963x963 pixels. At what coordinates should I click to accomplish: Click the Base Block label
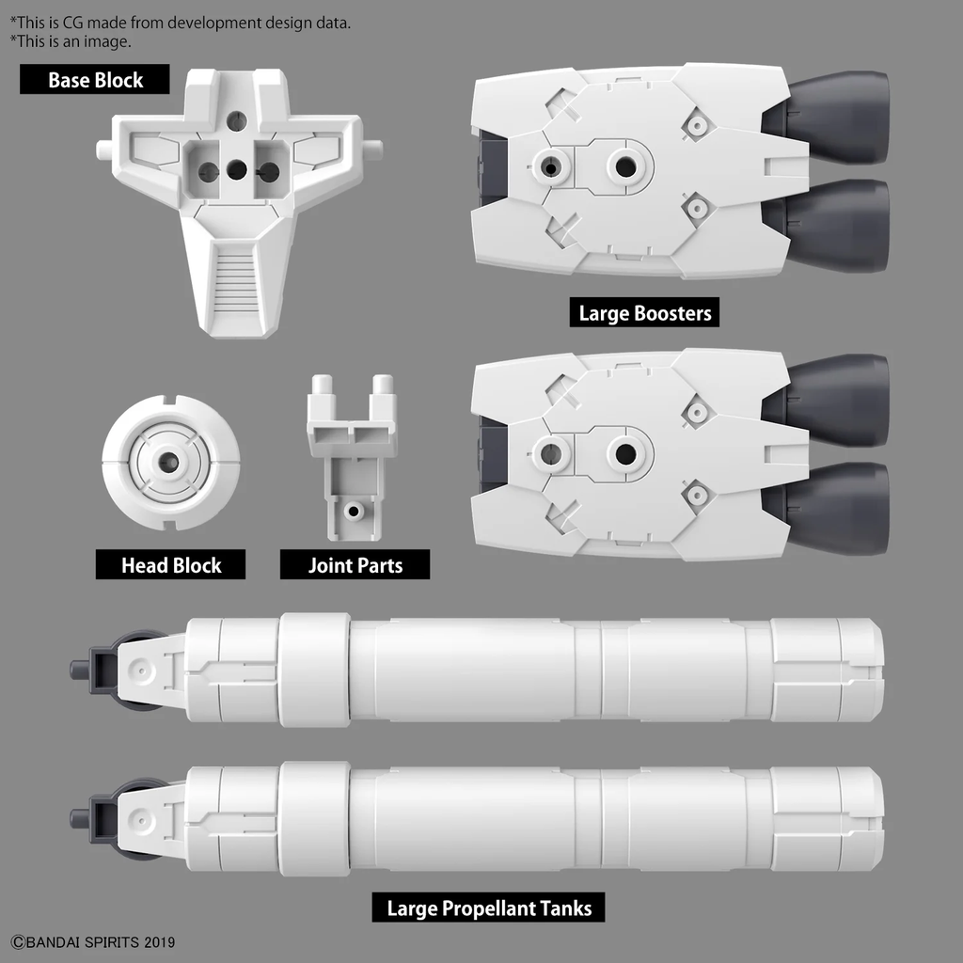95,80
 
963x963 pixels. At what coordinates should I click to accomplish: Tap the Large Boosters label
644,313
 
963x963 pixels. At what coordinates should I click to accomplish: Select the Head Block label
170,565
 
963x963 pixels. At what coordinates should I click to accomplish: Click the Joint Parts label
355,565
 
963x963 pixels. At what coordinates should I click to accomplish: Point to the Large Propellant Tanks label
489,908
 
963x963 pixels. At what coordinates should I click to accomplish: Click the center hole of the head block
170,462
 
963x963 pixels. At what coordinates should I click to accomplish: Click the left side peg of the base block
104,149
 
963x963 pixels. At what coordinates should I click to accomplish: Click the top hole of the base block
237,120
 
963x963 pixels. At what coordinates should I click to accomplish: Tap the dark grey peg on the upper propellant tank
81,670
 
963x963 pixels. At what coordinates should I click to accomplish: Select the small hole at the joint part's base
354,511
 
